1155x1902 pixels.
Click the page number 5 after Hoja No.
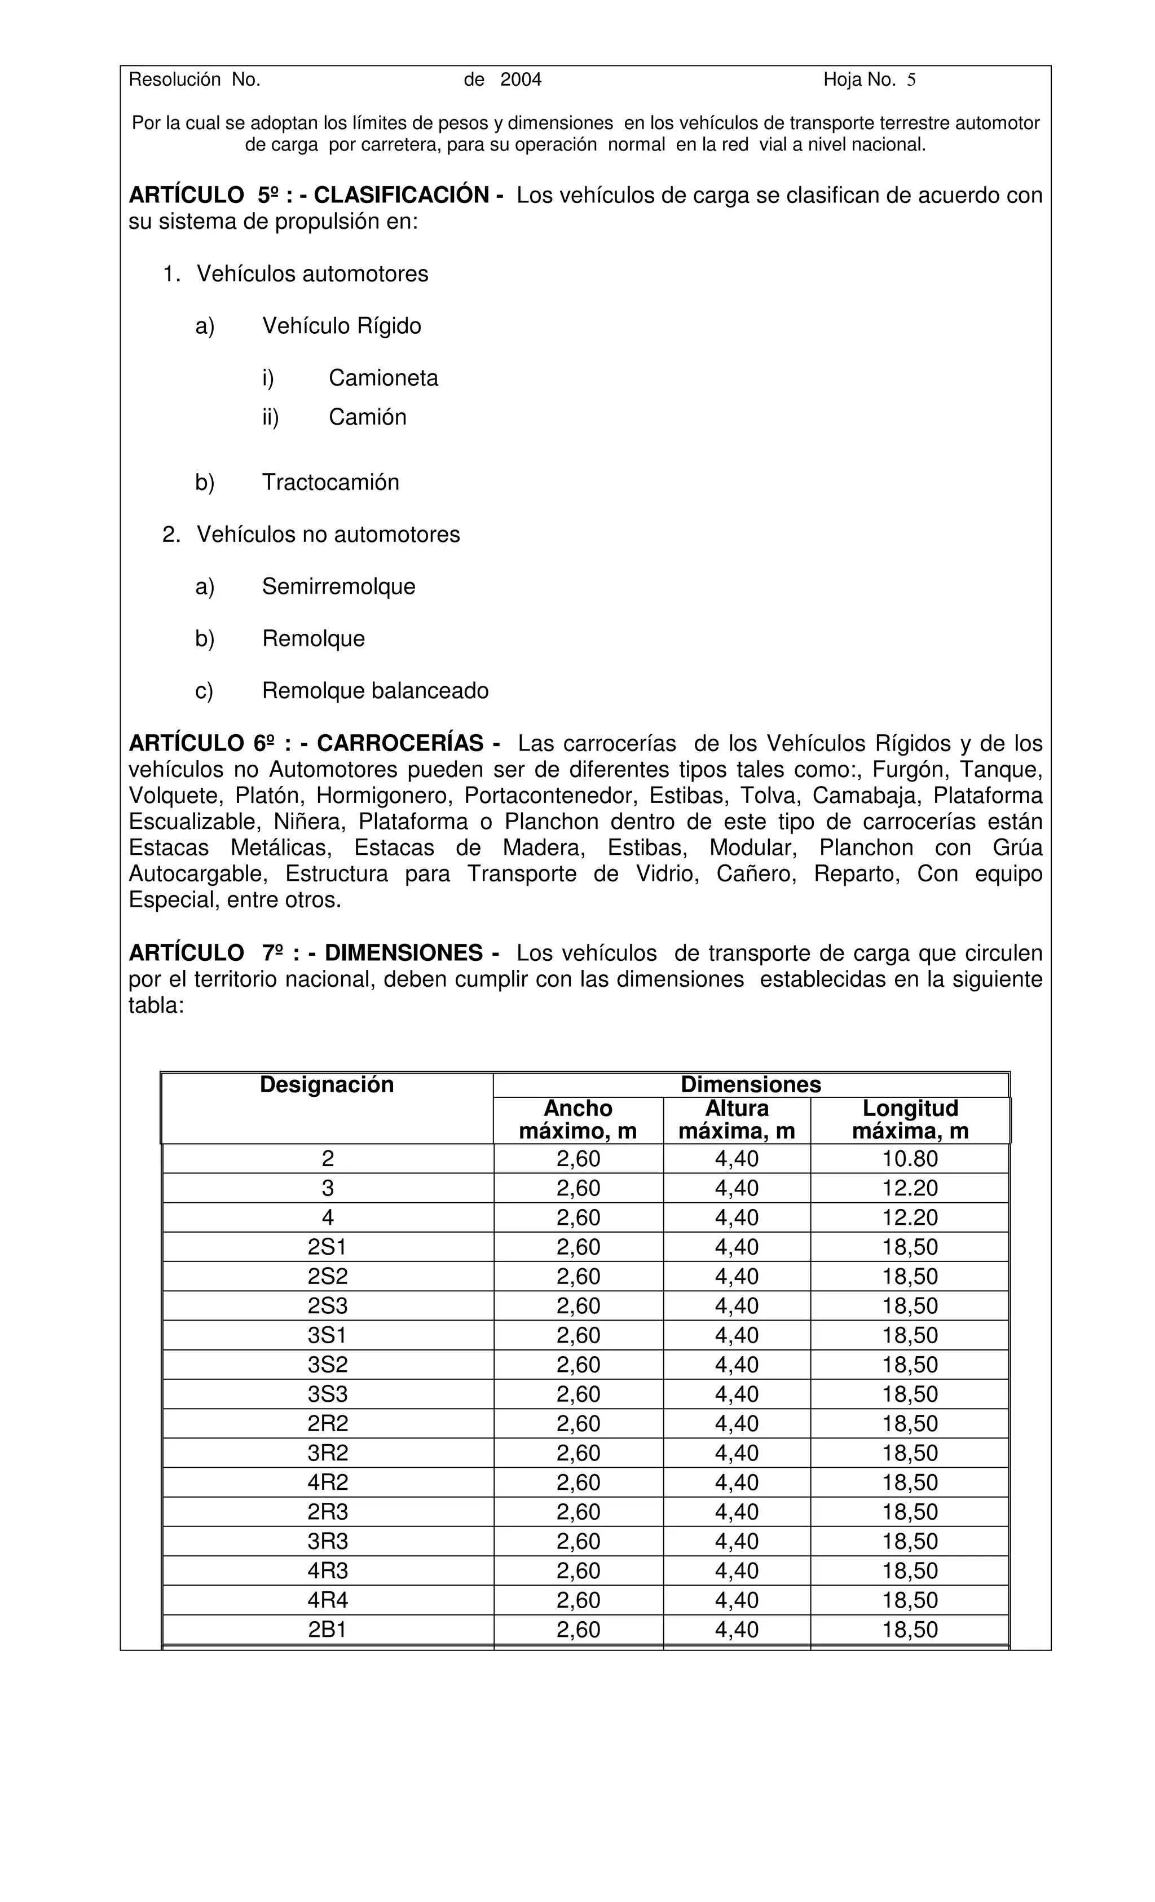(x=911, y=80)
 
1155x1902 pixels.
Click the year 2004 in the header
(x=521, y=80)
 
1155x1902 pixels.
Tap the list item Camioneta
(x=383, y=378)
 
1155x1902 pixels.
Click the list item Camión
(x=368, y=418)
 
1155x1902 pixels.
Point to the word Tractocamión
(x=330, y=483)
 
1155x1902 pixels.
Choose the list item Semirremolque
(x=338, y=586)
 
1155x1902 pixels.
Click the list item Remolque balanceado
(x=375, y=691)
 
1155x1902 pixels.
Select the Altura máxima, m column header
(x=736, y=1119)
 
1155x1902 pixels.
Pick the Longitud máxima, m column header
(x=910, y=1119)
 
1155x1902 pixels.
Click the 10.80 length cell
(x=910, y=1159)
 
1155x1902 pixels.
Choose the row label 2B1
(x=327, y=1630)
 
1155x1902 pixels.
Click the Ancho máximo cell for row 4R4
(x=577, y=1600)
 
